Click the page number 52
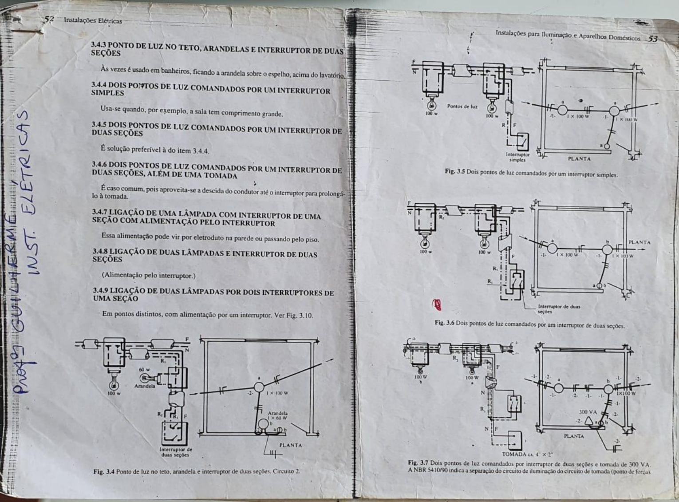[x=48, y=19]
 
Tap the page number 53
[x=652, y=39]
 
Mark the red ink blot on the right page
[x=437, y=304]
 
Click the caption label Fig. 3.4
[x=104, y=471]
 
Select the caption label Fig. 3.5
[x=455, y=171]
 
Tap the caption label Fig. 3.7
[x=418, y=463]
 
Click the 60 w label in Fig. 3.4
[x=144, y=369]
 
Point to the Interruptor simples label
[x=517, y=157]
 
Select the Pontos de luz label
[x=462, y=107]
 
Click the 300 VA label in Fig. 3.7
[x=588, y=412]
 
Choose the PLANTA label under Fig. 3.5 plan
[x=579, y=158]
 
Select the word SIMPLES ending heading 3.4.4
[x=107, y=93]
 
